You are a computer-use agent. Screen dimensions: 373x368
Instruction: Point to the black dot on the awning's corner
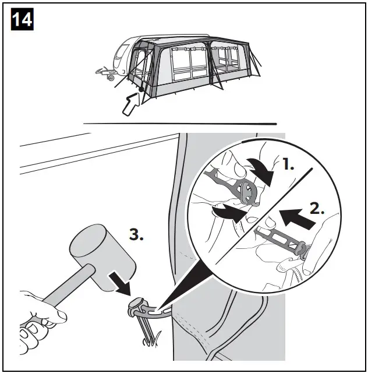(x=140, y=89)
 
